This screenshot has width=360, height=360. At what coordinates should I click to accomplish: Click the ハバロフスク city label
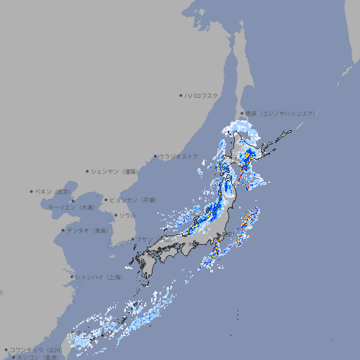[x=202, y=95]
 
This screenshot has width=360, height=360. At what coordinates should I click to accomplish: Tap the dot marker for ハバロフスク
[x=181, y=95]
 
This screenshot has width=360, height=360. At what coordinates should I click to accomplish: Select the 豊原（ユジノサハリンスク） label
[x=280, y=113]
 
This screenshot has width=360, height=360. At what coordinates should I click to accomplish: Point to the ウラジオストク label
[x=179, y=156]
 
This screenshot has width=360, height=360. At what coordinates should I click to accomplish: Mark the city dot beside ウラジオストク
[x=155, y=157]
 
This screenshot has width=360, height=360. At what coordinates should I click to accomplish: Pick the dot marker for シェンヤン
[x=88, y=171]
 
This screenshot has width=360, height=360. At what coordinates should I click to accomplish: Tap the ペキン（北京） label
[x=53, y=191]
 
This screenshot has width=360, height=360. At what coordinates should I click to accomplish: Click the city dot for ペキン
[x=32, y=191]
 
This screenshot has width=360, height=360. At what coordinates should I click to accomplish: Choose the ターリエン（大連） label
[x=70, y=207]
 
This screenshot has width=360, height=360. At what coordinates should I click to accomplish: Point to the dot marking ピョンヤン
[x=106, y=200]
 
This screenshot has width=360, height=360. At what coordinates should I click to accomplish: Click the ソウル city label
[x=128, y=215]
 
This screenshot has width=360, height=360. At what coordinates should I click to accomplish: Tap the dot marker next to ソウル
[x=115, y=215]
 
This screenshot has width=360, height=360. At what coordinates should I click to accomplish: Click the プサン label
[x=143, y=240]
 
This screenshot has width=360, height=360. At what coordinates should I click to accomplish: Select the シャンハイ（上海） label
[x=98, y=277]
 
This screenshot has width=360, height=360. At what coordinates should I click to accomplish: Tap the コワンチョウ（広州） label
[x=36, y=349]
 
